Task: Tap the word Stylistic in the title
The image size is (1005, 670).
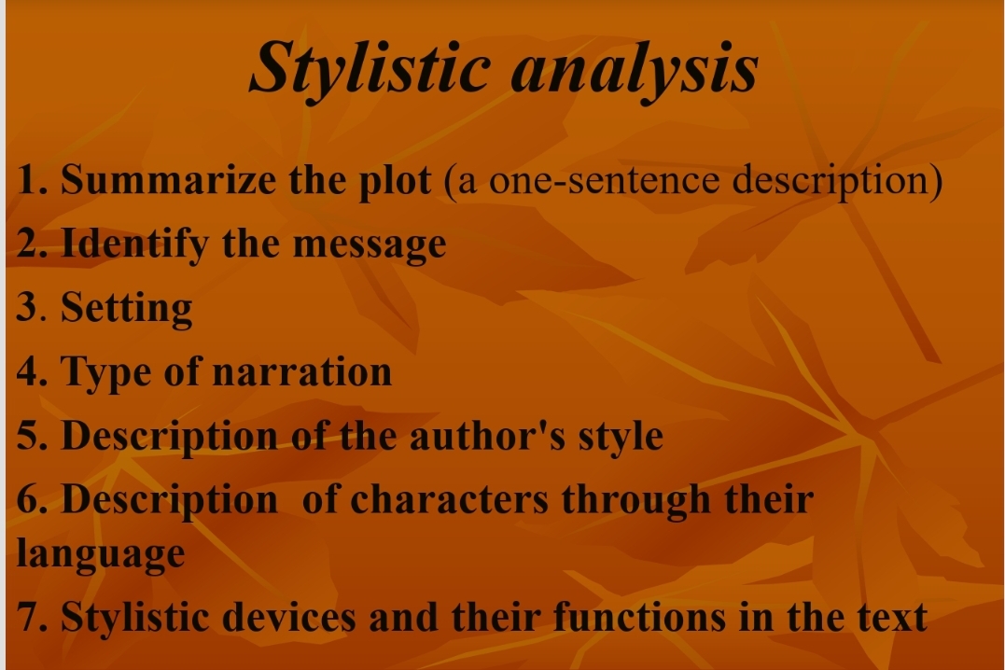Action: [x=369, y=67]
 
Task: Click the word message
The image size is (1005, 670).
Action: [x=370, y=245]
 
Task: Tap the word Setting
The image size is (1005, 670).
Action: [x=127, y=309]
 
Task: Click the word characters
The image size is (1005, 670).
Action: [x=449, y=499]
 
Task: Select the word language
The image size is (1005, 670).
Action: [x=101, y=553]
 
